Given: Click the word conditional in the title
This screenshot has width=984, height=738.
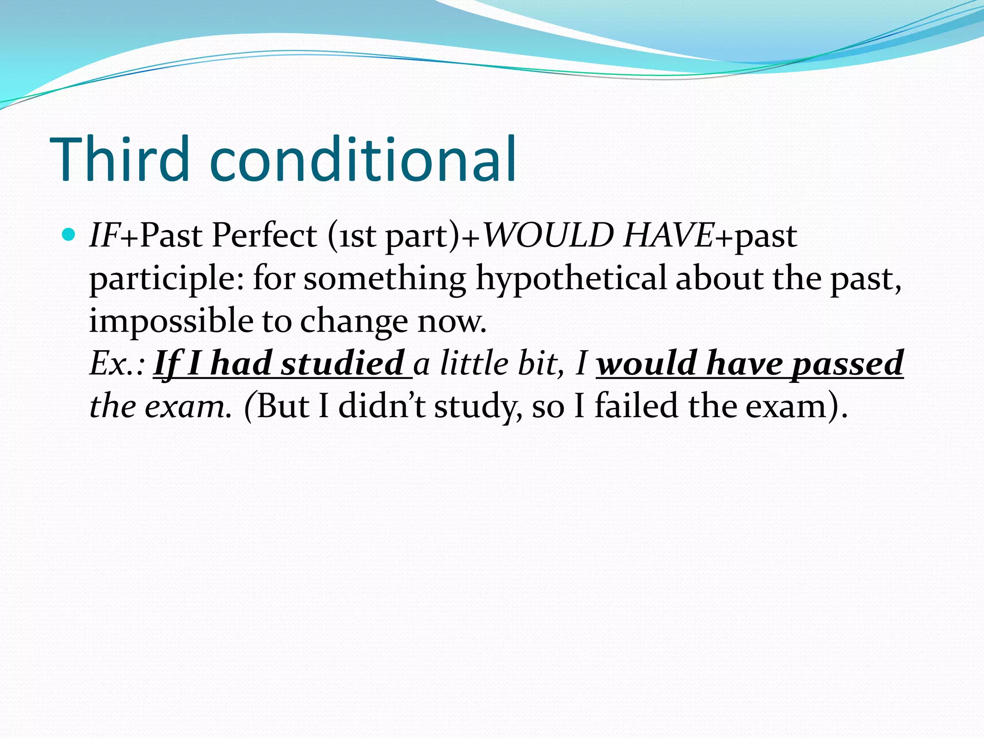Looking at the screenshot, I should pyautogui.click(x=363, y=160).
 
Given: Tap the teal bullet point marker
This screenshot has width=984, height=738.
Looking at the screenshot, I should pyautogui.click(x=69, y=234).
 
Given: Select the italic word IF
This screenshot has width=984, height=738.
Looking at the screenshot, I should pyautogui.click(x=104, y=235).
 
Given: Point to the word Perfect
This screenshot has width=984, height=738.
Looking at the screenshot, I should pyautogui.click(x=264, y=235).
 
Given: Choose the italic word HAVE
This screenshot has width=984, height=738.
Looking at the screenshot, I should pyautogui.click(x=668, y=235).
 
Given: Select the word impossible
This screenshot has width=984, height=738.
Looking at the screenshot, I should pyautogui.click(x=171, y=321).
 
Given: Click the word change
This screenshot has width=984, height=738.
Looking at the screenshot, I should pyautogui.click(x=354, y=321).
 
